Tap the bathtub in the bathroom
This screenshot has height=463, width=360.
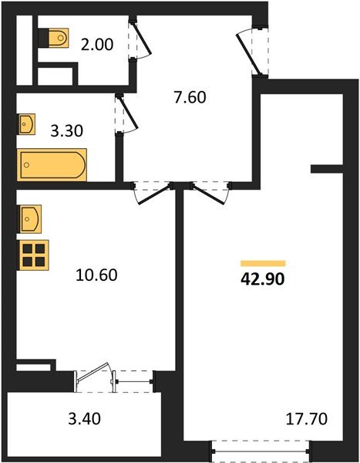(x=52, y=165)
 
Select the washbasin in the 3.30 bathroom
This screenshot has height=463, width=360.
(x=26, y=124)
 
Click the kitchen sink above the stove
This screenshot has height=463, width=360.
(x=29, y=219)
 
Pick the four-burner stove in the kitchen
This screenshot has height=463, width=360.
(x=32, y=255)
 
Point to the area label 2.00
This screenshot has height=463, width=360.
(x=97, y=46)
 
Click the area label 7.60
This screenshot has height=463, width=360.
(x=190, y=98)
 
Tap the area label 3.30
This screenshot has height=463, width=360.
(x=67, y=131)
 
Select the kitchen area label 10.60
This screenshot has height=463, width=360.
(x=96, y=275)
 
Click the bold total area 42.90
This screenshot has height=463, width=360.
(x=263, y=279)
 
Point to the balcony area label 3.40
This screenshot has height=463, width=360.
(x=84, y=419)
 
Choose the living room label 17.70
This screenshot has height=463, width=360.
(x=307, y=419)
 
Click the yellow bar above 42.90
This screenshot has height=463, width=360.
(x=263, y=263)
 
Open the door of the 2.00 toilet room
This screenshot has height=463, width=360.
(x=140, y=39)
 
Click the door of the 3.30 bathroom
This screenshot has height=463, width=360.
(x=126, y=114)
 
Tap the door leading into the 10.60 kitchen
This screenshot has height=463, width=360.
(x=153, y=193)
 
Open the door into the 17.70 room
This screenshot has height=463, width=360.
(x=210, y=193)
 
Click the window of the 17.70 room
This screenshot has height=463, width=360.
(x=261, y=451)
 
